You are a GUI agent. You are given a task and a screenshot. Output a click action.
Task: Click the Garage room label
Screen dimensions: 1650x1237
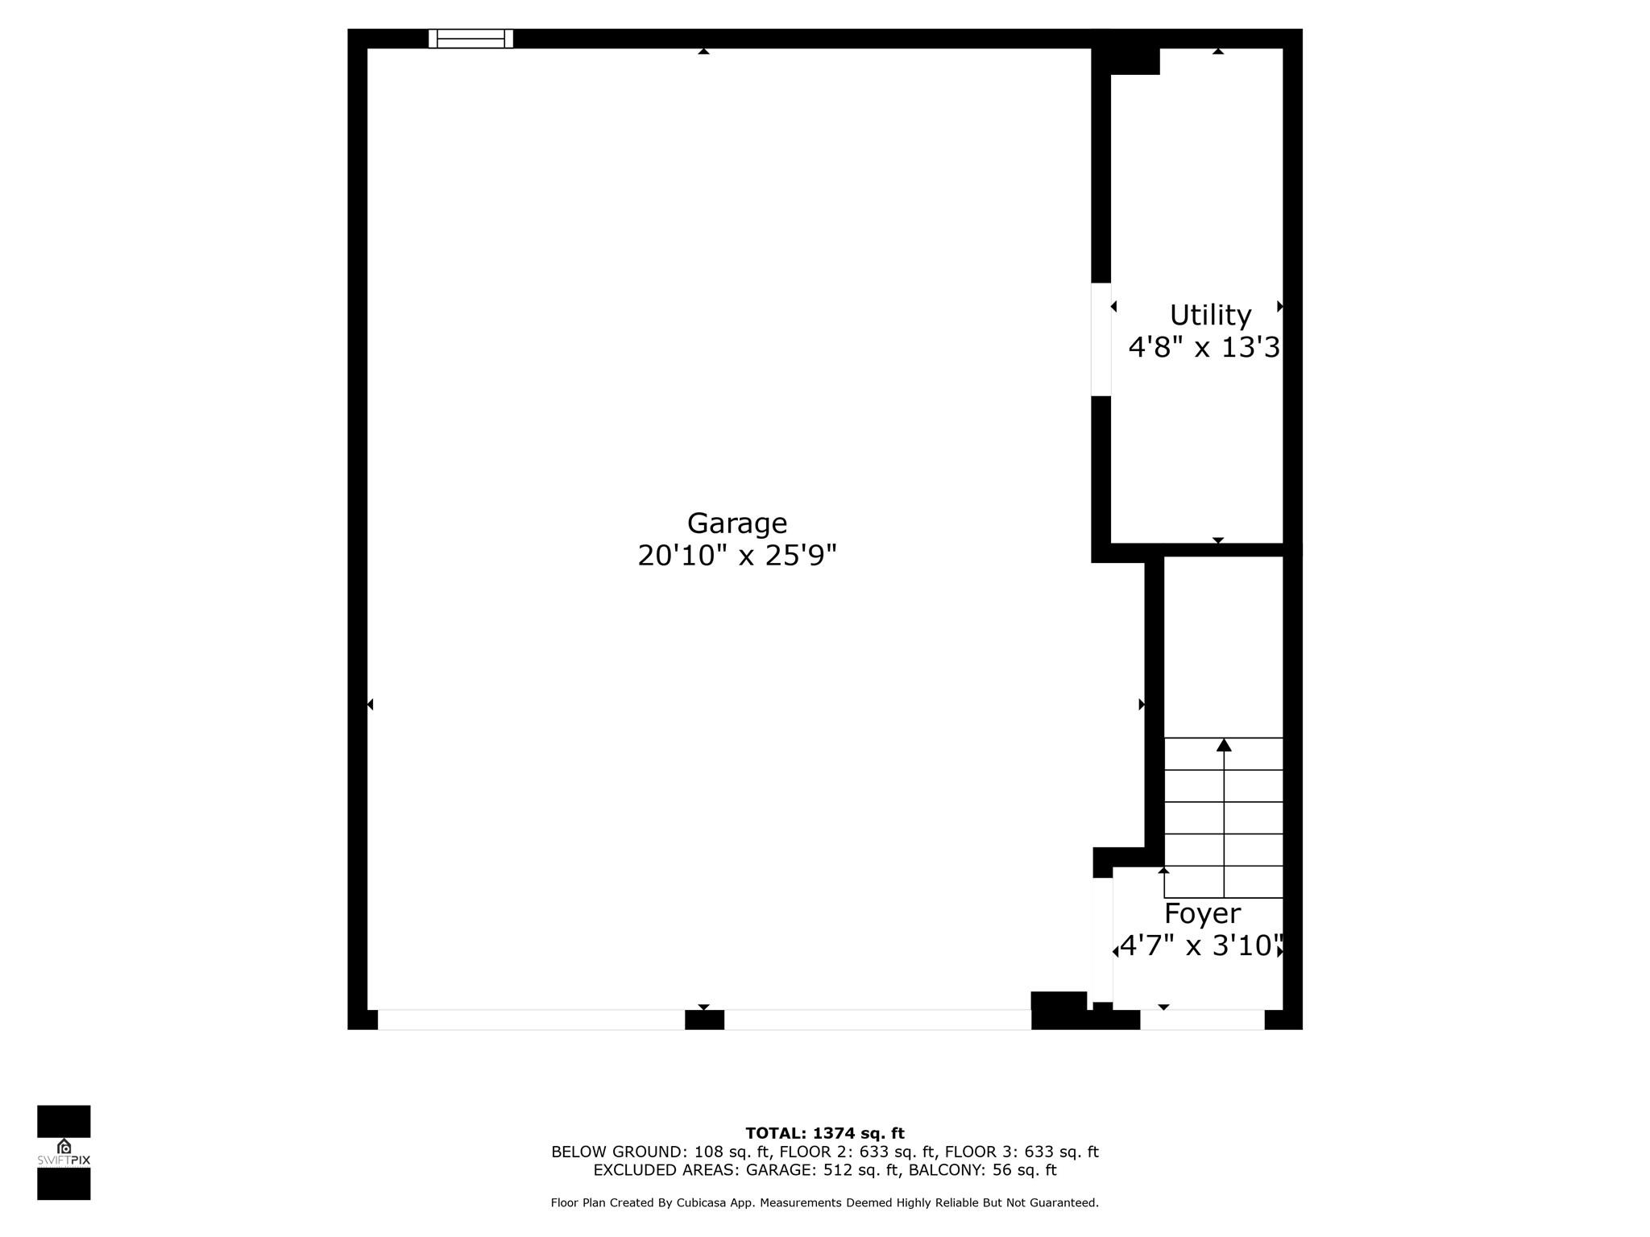coord(737,524)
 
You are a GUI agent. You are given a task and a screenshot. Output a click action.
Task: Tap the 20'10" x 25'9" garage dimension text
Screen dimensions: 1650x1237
coord(737,556)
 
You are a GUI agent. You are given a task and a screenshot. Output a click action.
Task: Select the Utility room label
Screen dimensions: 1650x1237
coord(1210,316)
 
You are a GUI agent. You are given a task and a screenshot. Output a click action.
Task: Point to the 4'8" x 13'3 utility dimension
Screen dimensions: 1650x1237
coord(1204,348)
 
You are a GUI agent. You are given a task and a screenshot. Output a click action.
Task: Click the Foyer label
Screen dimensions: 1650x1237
coord(1202,914)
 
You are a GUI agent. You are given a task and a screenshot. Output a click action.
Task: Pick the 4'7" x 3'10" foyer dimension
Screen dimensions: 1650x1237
coord(1200,945)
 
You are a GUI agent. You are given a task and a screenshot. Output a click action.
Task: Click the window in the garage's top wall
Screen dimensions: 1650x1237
coord(471,39)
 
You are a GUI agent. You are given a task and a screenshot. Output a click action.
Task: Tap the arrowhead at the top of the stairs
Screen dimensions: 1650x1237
coord(1224,745)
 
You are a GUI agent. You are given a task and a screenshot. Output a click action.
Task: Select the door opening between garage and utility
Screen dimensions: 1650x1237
coord(1101,339)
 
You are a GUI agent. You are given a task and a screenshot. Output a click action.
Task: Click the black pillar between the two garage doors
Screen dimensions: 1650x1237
coord(704,1020)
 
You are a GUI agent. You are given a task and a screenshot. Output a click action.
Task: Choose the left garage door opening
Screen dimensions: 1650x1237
coord(531,1020)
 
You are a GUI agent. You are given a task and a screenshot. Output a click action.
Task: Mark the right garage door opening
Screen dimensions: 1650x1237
coord(877,1020)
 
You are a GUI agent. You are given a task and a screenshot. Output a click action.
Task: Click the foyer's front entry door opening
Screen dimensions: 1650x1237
coord(1202,1020)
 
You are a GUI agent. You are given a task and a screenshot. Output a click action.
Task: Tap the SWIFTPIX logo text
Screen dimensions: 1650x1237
coord(64,1160)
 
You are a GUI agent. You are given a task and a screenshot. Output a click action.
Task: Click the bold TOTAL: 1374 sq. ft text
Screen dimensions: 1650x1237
coord(825,1134)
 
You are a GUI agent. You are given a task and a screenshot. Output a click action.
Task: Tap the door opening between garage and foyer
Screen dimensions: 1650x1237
coord(1102,940)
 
